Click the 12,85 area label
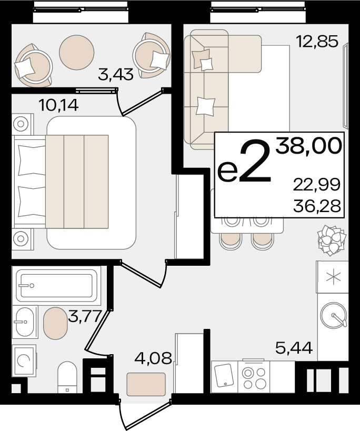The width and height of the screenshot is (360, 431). tap(317, 42)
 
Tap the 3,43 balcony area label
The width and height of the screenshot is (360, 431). tap(116, 75)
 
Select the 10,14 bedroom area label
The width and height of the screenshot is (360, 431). tap(58, 105)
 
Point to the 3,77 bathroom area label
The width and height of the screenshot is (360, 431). tap(84, 316)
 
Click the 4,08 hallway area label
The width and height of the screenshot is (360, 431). tap(153, 358)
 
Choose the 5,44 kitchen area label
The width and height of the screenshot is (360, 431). tap(294, 348)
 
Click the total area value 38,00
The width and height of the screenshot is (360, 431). tap(309, 146)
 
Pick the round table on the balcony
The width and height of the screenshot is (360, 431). tap(77, 52)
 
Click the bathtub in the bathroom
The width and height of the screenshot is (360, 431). tap(57, 286)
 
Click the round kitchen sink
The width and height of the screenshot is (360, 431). tap(333, 316)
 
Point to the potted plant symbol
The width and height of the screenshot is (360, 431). tap(331, 240)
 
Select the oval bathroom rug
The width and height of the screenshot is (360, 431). tap(55, 323)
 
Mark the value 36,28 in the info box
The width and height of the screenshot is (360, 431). tap(317, 206)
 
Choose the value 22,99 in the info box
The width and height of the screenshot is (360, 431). tap(317, 184)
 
